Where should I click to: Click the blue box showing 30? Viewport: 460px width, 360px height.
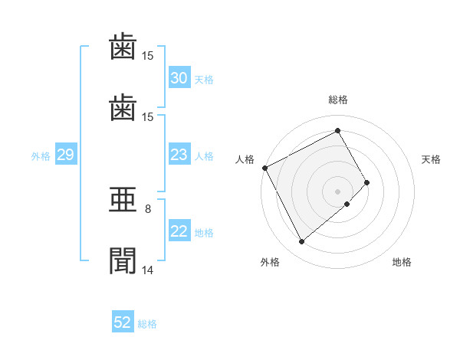click(x=179, y=77)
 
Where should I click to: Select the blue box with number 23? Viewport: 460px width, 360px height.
click(x=179, y=154)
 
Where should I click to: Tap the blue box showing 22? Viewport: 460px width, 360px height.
click(x=179, y=231)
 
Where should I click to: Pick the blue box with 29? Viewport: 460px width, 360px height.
click(x=66, y=154)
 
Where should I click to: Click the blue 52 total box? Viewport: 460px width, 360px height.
click(x=123, y=321)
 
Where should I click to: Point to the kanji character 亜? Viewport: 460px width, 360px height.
click(x=123, y=200)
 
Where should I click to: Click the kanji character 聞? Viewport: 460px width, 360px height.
click(x=123, y=260)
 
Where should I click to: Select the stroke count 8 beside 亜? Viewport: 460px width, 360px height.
click(x=148, y=209)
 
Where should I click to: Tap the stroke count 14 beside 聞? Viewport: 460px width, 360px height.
click(x=147, y=270)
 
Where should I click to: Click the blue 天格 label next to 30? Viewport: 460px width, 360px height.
click(x=204, y=80)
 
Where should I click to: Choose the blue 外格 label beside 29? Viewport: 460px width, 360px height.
click(x=41, y=156)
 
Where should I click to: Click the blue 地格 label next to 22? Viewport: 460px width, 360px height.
click(x=204, y=233)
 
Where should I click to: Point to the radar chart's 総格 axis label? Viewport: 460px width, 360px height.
click(x=338, y=100)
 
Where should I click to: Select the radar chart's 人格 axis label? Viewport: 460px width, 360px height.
click(x=245, y=159)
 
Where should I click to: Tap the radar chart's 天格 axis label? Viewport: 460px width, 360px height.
click(x=431, y=159)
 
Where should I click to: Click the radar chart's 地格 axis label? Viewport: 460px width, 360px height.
click(x=402, y=262)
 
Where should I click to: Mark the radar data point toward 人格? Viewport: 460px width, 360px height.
click(x=265, y=168)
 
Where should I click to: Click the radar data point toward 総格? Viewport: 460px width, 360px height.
click(x=337, y=130)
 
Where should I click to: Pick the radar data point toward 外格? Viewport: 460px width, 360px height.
click(x=301, y=241)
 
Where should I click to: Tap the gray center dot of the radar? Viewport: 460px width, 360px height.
click(x=337, y=191)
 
